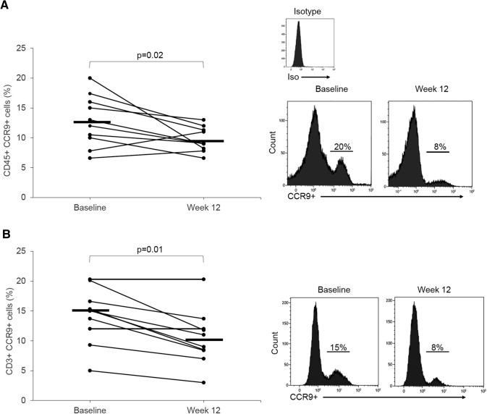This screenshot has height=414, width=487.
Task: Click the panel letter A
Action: coord(6,6)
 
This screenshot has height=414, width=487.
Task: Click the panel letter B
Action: coord(6,236)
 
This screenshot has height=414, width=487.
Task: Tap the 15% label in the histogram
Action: coord(337,347)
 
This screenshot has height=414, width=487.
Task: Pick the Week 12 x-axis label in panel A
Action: coord(203,208)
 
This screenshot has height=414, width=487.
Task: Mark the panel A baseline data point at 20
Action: coord(90,78)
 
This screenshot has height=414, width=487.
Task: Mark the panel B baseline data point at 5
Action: coord(90,370)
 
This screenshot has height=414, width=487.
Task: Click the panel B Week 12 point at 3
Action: coord(204,382)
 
